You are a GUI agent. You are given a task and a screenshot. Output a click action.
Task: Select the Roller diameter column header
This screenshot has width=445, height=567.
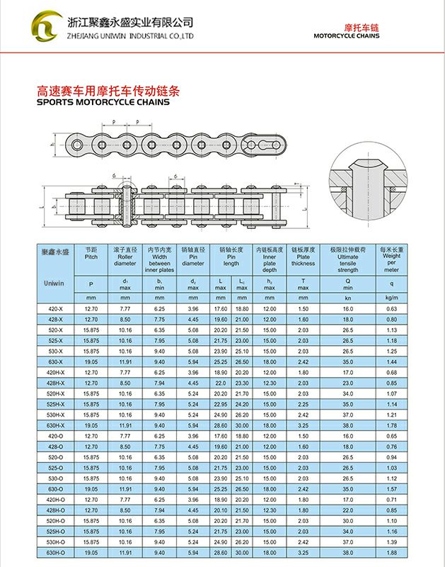click(x=125, y=257)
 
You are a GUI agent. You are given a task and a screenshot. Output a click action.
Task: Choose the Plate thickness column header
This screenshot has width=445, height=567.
click(x=303, y=257)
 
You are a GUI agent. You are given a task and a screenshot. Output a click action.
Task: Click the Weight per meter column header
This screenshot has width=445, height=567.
click(x=391, y=259)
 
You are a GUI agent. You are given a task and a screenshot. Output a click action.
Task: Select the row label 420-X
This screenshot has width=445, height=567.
click(x=56, y=309)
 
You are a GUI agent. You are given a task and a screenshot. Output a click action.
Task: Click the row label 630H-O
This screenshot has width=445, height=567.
click(x=56, y=552)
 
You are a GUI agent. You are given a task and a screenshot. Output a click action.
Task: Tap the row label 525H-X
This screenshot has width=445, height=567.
click(x=56, y=404)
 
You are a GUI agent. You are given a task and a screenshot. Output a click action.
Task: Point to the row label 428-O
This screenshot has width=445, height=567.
click(x=56, y=447)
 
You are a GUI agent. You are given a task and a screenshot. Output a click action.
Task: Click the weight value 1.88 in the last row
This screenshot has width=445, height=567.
click(x=391, y=552)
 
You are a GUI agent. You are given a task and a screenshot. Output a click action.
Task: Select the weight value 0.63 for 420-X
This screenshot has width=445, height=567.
click(x=391, y=309)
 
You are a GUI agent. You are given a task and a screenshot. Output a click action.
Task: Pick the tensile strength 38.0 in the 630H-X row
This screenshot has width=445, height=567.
click(x=347, y=425)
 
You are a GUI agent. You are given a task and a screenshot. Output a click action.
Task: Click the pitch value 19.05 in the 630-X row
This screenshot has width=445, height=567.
click(x=91, y=362)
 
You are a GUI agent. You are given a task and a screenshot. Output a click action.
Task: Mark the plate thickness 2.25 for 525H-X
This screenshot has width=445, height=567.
click(x=303, y=404)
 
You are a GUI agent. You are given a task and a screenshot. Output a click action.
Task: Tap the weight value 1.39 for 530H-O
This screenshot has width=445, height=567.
click(x=391, y=541)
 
